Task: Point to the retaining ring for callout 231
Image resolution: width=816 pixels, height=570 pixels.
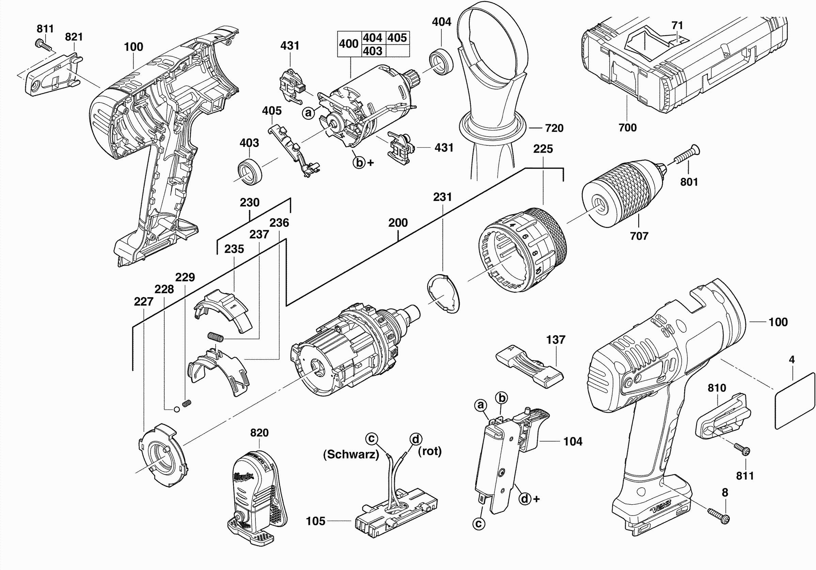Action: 443,294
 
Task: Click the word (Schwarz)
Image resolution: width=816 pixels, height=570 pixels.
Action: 351,454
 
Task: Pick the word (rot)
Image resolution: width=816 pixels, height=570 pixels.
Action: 430,451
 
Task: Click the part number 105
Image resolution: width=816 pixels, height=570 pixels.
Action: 316,521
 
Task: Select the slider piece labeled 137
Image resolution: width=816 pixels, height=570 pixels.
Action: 530,369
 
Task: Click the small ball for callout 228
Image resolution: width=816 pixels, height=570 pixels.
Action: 176,409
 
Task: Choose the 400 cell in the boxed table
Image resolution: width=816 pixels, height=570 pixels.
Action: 349,44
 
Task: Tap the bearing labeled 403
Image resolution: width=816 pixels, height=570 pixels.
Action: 250,173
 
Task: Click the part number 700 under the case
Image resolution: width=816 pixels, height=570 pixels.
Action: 627,128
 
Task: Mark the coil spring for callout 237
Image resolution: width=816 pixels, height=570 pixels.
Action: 216,336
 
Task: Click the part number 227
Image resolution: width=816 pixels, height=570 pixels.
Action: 143,301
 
